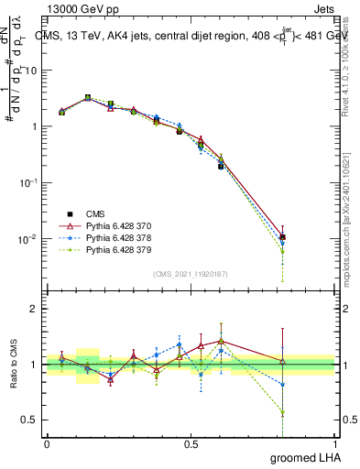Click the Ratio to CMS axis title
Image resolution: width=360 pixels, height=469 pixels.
coord(13,365)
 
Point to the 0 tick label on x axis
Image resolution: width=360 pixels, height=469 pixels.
coord(47,442)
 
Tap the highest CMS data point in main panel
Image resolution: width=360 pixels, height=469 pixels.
coord(88,97)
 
